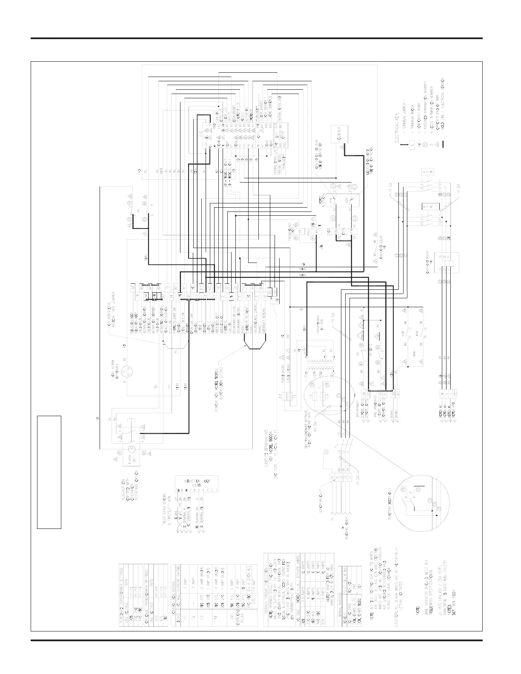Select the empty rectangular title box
pos(49,471)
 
